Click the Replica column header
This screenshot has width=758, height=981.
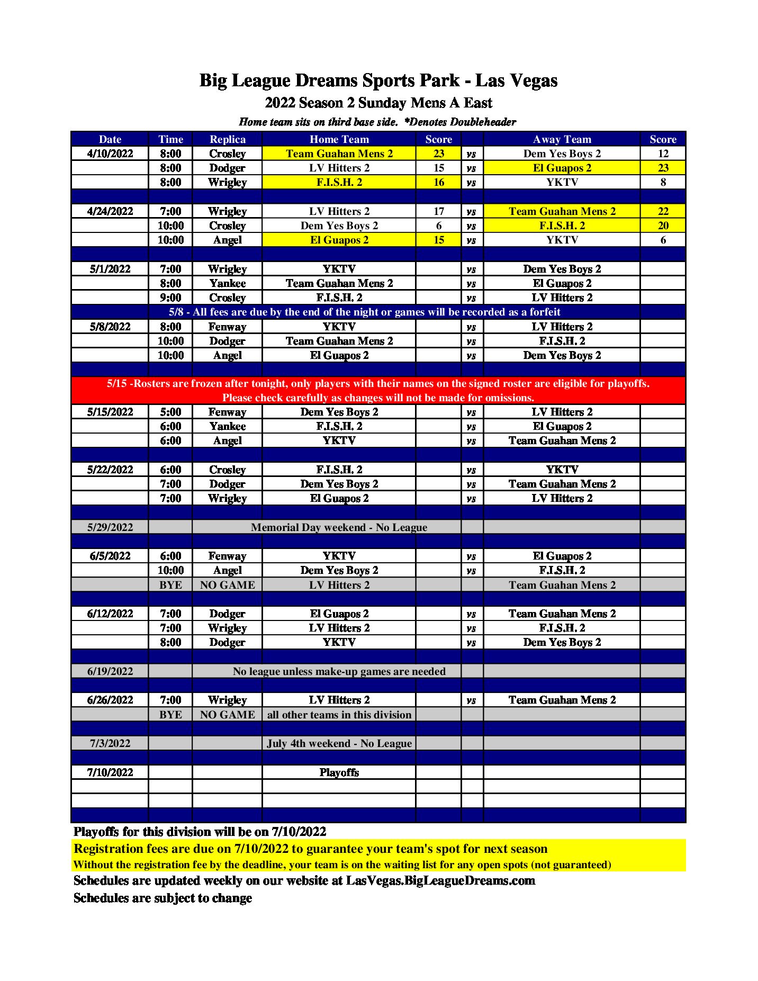click(227, 139)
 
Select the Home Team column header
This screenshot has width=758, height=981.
click(339, 139)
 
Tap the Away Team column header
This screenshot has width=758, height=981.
click(562, 139)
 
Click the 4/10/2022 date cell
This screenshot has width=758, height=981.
click(110, 154)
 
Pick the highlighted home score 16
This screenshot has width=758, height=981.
click(438, 182)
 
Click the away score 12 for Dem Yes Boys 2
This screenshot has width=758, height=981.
click(663, 154)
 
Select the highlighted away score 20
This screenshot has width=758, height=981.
click(663, 226)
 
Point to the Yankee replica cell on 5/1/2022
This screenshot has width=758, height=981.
click(227, 283)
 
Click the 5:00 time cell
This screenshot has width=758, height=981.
click(170, 412)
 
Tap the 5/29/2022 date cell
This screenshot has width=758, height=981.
click(110, 527)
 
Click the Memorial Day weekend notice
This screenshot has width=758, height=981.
click(339, 527)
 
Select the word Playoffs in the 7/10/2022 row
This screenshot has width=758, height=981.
click(339, 772)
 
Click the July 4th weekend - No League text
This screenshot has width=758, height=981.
click(339, 743)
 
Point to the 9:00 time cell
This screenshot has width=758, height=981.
click(170, 298)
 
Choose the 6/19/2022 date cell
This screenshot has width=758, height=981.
click(110, 671)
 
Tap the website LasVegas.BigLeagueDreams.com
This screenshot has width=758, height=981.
click(440, 880)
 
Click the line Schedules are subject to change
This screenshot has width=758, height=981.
click(163, 898)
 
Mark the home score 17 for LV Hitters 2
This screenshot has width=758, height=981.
click(438, 211)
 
